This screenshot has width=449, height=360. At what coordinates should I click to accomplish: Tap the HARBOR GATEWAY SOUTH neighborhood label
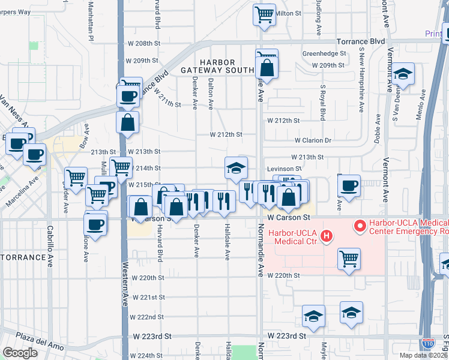pos(218,66)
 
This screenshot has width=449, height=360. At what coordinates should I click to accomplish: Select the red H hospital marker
pos(326,237)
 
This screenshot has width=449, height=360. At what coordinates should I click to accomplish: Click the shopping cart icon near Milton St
pos(264,13)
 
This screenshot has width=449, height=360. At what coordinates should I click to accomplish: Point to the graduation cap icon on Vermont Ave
pos(403,75)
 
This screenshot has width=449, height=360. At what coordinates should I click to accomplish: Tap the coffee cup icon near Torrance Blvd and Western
pos(128,96)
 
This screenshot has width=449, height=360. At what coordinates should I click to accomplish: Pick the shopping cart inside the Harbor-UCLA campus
pos(348,259)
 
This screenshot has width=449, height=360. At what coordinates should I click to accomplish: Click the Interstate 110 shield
pos(427,343)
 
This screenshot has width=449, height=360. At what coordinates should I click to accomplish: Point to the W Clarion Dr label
pos(312,140)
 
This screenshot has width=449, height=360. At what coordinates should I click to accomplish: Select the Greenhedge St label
pos(325,53)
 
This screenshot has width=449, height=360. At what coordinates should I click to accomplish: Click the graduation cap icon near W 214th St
pos(237,167)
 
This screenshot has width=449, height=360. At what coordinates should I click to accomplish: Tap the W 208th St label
pos(145,44)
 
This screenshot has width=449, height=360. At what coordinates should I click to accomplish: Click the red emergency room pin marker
pos(360,226)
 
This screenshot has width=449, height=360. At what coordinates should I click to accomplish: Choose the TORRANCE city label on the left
pos(23,257)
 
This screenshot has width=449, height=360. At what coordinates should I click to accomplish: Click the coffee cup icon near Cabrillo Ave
pos(95,224)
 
